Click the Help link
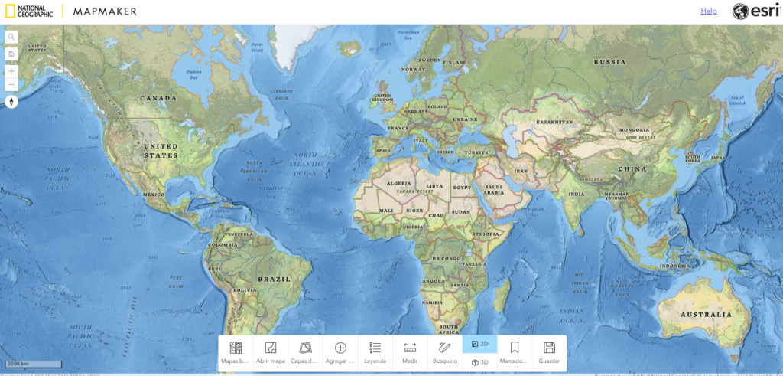click(x=709, y=11)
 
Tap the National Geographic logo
click(x=28, y=11)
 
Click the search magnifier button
click(x=11, y=37)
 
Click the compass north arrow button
click(x=11, y=101)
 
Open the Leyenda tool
click(x=375, y=352)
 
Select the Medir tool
click(x=410, y=352)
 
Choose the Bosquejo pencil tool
click(x=445, y=352)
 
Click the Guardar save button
click(x=549, y=352)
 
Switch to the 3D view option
click(x=479, y=362)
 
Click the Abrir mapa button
click(x=270, y=352)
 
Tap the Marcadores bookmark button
click(x=515, y=352)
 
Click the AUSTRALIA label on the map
click(x=707, y=315)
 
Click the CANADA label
click(x=159, y=98)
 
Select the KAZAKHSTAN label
click(x=554, y=122)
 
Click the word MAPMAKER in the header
click(x=106, y=11)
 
